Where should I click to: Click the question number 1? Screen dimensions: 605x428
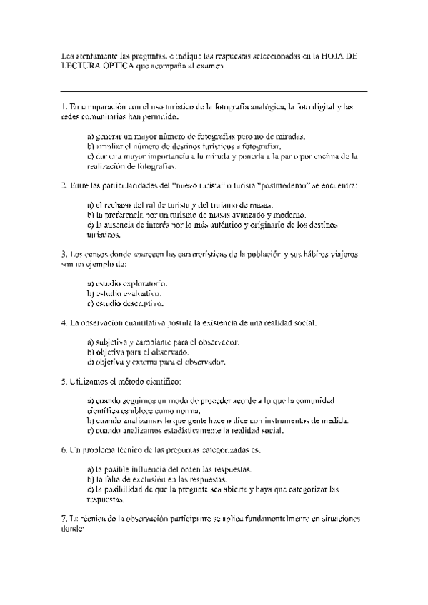pyautogui.click(x=64, y=107)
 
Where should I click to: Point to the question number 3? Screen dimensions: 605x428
pyautogui.click(x=64, y=254)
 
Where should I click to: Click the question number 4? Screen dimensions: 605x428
pyautogui.click(x=64, y=322)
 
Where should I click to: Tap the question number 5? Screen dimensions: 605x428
pyautogui.click(x=64, y=382)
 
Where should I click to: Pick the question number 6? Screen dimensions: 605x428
pyautogui.click(x=64, y=451)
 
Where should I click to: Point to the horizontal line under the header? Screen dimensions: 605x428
pyautogui.click(x=214, y=91)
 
